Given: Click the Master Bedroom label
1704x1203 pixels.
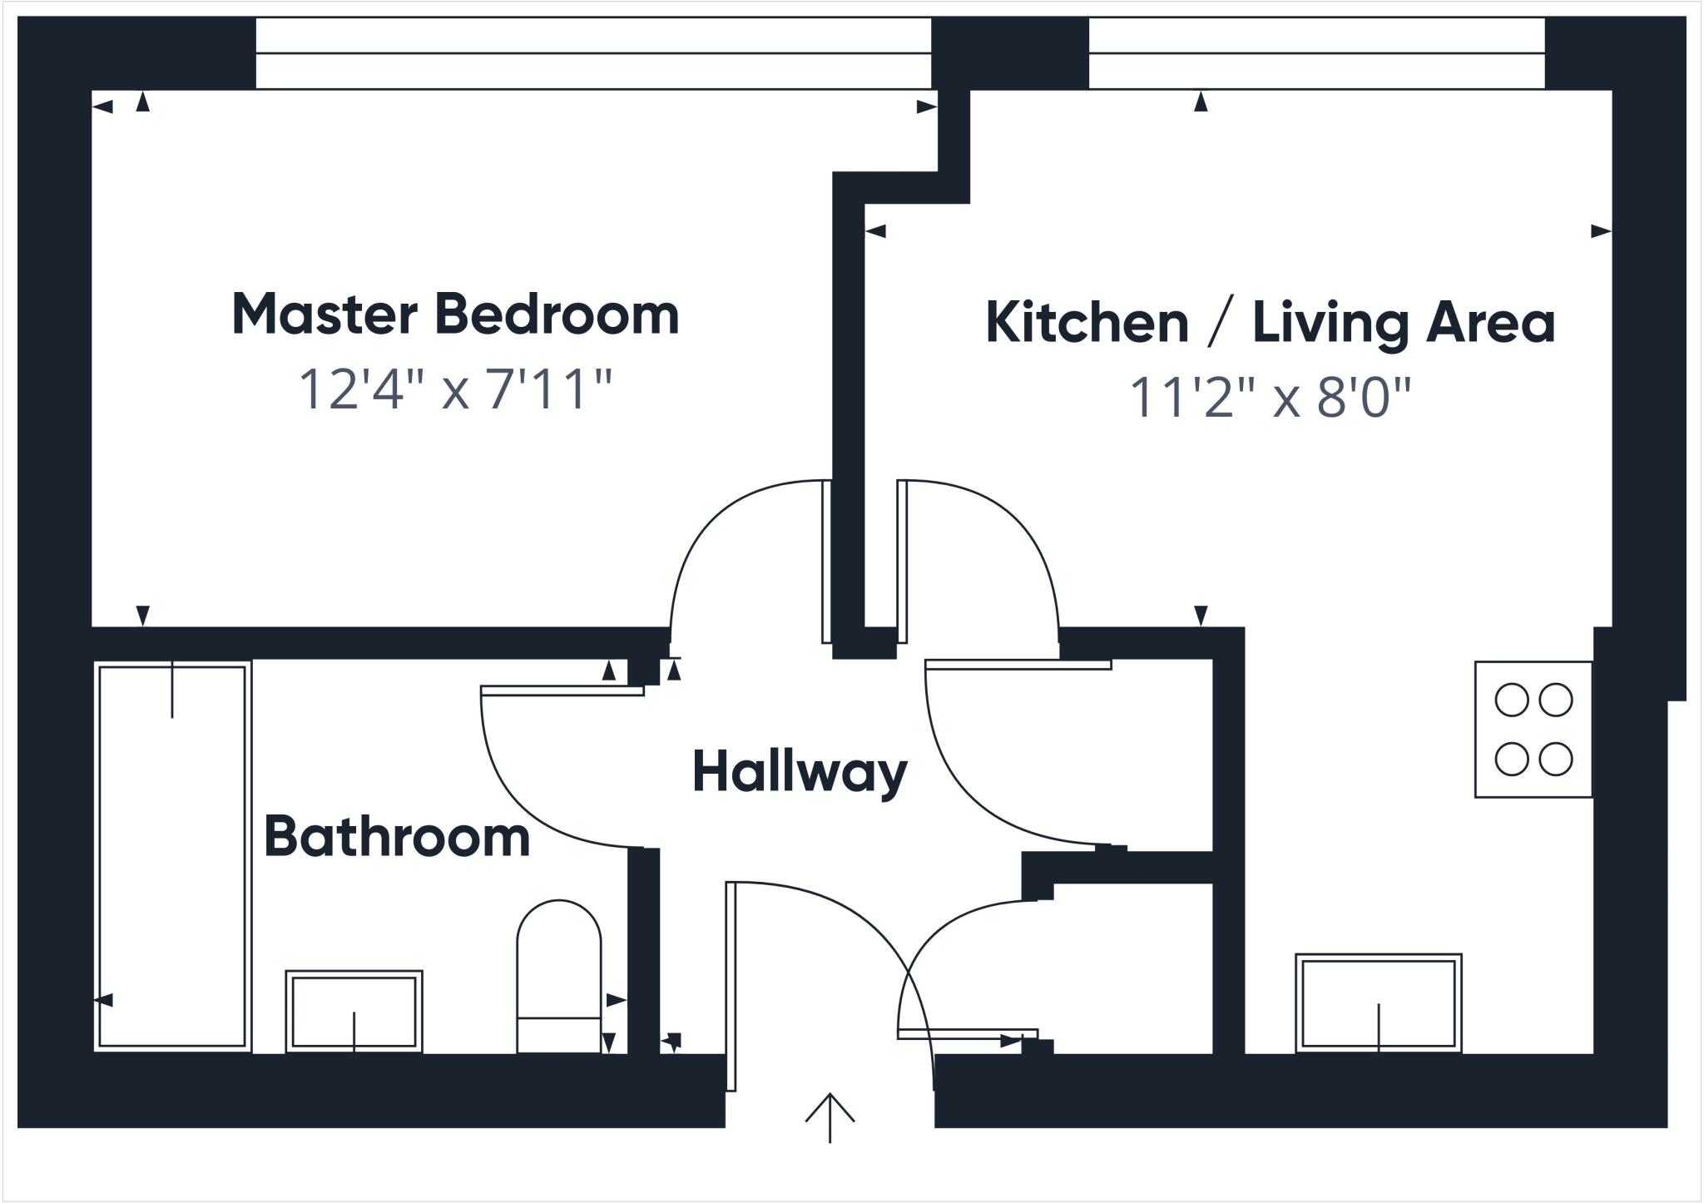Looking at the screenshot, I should point(455,315).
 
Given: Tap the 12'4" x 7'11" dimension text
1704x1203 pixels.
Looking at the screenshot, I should point(455,389).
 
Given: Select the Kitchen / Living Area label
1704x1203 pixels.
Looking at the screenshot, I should point(1270,323).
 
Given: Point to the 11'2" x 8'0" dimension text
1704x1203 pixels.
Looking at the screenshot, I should point(1270,398).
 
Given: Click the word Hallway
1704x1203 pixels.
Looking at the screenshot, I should point(800,772).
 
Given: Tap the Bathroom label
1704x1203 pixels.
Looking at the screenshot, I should point(397,837).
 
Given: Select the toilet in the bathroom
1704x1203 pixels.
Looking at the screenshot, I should point(559,973).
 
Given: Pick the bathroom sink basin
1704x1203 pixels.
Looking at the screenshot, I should point(354,1010).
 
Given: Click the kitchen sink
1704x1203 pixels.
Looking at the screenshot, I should point(1379,1002).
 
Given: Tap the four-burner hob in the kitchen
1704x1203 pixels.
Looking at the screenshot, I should point(1533,730).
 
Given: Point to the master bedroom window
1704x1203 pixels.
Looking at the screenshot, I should point(592,53).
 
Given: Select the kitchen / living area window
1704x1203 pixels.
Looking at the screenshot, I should point(1316,53).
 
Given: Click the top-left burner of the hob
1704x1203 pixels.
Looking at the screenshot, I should point(1511,700).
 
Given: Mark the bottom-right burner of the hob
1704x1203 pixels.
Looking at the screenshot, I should point(1555,759).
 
